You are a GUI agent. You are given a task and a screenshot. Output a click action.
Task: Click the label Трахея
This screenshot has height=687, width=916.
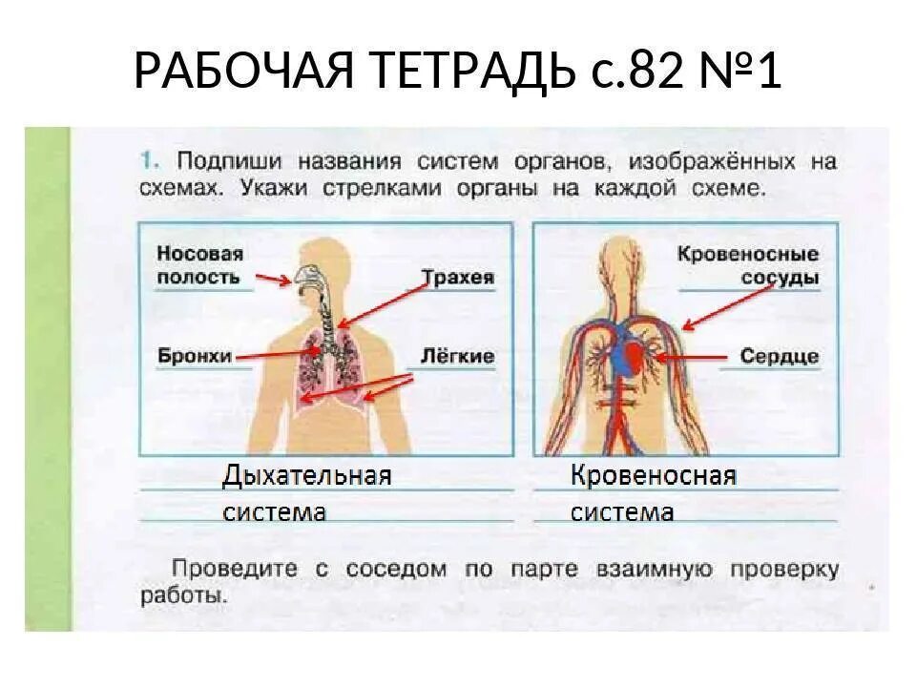tap(458, 278)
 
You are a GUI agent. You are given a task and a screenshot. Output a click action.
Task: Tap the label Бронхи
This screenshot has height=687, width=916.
tap(195, 356)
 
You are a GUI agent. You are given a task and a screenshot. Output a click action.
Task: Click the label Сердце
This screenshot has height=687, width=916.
tap(780, 356)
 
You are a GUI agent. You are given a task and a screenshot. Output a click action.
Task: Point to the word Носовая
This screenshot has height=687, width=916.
tap(200, 254)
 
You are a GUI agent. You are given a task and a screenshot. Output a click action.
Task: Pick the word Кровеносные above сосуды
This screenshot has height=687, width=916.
tap(748, 255)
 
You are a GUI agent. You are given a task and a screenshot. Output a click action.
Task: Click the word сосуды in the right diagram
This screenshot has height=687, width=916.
tap(780, 279)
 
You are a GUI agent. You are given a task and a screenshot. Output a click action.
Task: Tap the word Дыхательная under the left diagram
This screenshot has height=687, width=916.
tap(307, 475)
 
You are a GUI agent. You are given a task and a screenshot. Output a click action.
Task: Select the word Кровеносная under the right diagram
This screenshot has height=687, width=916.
tap(654, 475)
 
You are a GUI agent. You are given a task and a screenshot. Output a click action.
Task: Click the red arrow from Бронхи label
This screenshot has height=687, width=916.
tap(277, 354)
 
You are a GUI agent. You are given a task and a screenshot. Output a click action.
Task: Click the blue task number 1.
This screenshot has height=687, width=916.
tap(147, 158)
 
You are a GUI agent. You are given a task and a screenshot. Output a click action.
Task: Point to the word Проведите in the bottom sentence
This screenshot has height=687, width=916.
tap(233, 570)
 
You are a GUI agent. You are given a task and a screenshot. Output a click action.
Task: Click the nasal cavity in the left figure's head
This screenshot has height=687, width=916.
tap(307, 276)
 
